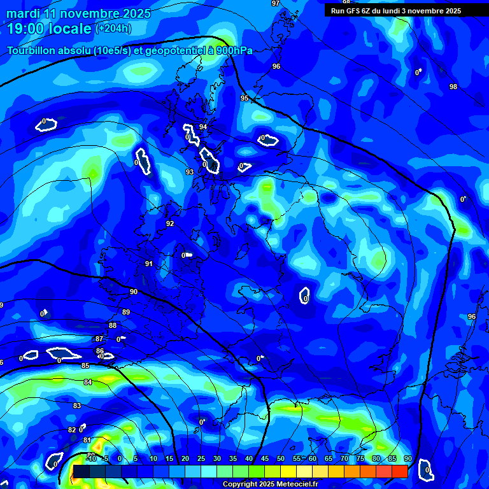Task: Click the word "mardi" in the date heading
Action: pos(25,13)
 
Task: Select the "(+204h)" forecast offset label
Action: pos(113,28)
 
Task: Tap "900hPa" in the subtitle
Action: pos(234,50)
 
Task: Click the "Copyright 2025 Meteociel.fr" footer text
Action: pos(270,484)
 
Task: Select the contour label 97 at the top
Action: pos(275,3)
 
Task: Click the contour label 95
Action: pos(244,98)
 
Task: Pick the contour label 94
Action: pos(203,127)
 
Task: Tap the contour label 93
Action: pos(190,173)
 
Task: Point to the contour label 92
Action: pos(170,223)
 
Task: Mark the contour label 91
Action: pos(149,264)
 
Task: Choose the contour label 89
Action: pos(126,312)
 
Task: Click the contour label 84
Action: pos(88,382)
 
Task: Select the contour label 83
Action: pos(77,406)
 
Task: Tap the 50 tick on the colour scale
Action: pos(281,458)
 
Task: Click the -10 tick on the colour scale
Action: pos(91,458)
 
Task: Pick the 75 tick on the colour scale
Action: pos(360,458)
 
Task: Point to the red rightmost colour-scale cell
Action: pos(399,471)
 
